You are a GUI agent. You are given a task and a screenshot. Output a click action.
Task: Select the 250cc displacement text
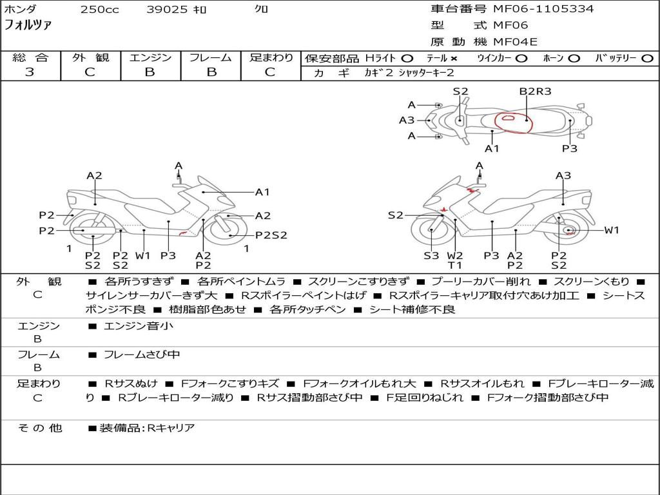coord(99,10)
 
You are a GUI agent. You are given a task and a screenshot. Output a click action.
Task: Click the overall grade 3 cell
coord(30,72)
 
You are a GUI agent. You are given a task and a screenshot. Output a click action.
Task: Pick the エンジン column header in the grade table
coord(150,58)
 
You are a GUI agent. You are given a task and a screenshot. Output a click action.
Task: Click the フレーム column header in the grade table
coord(211,58)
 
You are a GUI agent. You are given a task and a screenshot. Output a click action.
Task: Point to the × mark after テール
coord(454,59)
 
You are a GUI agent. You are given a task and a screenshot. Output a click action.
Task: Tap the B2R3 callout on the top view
coord(536,92)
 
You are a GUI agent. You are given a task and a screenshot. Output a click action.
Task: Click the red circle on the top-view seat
coord(514,121)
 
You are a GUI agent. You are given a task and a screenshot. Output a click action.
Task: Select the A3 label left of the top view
coord(407,121)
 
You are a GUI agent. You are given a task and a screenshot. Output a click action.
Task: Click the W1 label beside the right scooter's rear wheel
coord(612,230)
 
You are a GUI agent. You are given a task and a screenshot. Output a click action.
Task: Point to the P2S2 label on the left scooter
coord(271,235)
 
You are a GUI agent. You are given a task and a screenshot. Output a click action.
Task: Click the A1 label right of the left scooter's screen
coord(262,192)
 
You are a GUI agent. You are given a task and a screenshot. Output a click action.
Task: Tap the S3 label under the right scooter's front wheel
coord(431,256)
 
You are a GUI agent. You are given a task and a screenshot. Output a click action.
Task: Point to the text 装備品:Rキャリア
coord(147,428)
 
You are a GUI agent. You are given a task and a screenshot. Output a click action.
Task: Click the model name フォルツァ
coord(28,25)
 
